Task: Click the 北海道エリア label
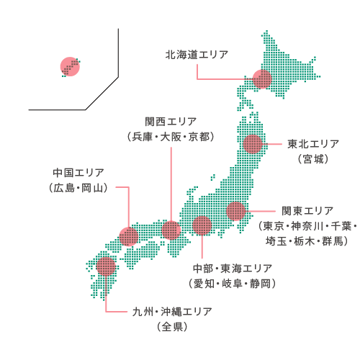197,55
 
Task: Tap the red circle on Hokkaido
262,78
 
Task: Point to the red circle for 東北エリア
253,143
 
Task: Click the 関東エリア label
307,210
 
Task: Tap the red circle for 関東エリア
235,211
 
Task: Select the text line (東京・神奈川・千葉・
307,226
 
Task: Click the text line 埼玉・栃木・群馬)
307,241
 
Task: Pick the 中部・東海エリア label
232,268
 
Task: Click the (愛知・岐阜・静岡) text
232,284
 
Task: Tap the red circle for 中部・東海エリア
202,225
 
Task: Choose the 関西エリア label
171,120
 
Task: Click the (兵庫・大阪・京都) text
171,136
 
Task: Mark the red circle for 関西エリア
171,230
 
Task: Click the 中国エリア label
78,173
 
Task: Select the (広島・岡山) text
78,189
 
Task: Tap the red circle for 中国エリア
129,235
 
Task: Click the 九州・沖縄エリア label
171,312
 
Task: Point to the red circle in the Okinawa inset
70,67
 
